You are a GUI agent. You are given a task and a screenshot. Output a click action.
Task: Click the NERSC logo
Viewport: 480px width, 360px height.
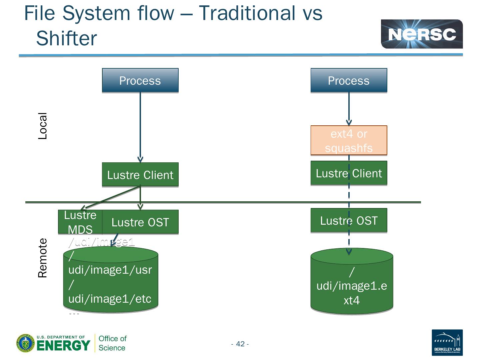pos(422,34)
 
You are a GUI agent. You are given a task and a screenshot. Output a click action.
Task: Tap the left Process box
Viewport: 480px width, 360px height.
pos(140,80)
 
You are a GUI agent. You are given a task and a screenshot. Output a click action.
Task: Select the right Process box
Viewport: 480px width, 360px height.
pos(349,80)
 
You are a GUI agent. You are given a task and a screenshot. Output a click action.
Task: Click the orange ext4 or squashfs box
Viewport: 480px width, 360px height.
pos(349,140)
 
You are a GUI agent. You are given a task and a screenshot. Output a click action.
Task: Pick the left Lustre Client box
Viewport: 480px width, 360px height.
pos(140,175)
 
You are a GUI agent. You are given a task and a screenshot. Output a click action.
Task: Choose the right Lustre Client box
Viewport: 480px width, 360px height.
pos(349,173)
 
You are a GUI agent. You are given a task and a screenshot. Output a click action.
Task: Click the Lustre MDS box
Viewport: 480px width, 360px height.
pos(80,222)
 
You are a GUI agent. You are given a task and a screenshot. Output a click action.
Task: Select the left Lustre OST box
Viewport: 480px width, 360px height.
pos(140,222)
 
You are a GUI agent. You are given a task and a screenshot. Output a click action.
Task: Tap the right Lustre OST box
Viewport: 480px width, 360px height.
pos(349,220)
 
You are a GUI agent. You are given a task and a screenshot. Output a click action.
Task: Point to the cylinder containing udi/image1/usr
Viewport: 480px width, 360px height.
pos(110,283)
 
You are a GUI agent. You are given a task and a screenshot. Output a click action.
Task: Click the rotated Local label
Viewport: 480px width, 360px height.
pos(43,126)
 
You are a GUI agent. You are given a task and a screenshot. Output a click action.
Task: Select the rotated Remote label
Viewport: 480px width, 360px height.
pos(43,258)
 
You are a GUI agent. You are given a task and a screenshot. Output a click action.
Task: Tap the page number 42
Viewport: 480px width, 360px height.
pos(240,344)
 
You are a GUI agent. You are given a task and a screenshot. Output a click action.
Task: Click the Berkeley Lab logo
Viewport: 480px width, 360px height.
pos(447,342)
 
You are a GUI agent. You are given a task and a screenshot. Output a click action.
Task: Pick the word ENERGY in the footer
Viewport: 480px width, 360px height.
pos(63,346)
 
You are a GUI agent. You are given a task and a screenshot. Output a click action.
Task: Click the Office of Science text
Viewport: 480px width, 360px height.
pos(112,343)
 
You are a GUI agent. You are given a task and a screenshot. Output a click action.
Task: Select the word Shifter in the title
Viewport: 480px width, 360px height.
pos(66,38)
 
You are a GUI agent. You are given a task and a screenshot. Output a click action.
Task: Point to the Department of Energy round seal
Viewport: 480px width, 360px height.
pos(25,343)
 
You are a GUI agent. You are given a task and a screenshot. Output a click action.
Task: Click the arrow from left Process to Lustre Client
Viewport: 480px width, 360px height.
pos(140,127)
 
